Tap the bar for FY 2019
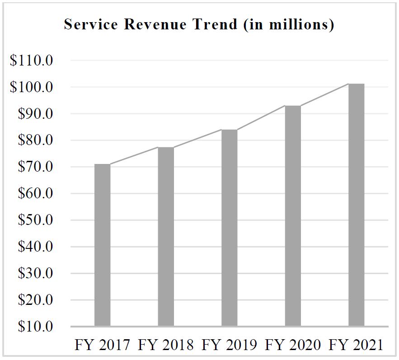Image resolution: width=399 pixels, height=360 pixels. pyautogui.click(x=230, y=228)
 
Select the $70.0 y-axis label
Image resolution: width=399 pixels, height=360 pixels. pyautogui.click(x=35, y=167)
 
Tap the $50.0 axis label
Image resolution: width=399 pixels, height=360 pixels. pyautogui.click(x=35, y=220)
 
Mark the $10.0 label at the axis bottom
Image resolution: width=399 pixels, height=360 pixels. pyautogui.click(x=35, y=327)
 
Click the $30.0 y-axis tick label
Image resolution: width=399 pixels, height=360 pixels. pyautogui.click(x=35, y=274)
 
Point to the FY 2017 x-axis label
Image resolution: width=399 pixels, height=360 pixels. pyautogui.click(x=103, y=345)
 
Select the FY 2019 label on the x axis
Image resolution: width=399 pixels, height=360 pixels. pyautogui.click(x=230, y=345)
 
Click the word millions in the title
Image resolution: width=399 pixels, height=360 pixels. pyautogui.click(x=300, y=24)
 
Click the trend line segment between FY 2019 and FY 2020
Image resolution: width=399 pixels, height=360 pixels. pyautogui.click(x=261, y=117)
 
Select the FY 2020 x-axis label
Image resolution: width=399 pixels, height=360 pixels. pyautogui.click(x=293, y=345)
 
